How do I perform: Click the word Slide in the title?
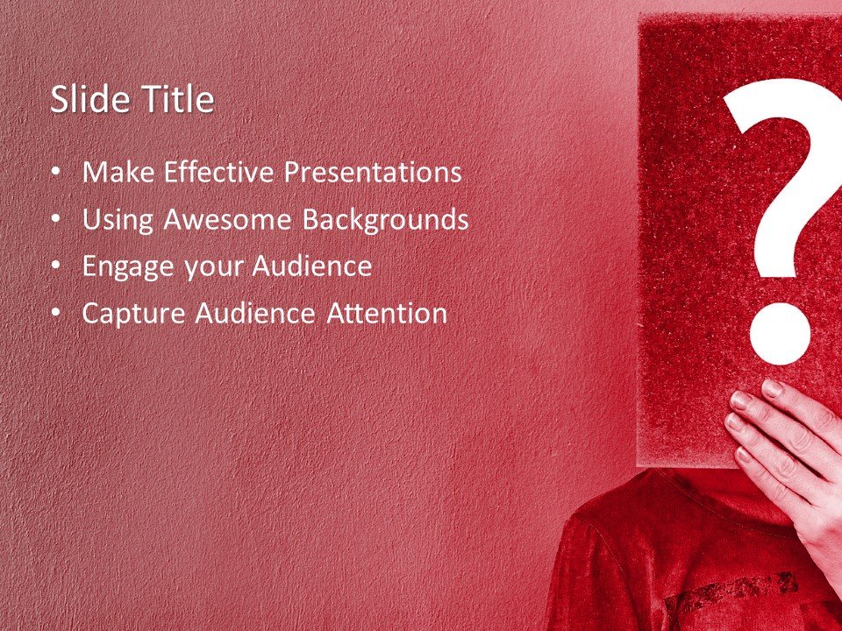(x=80, y=99)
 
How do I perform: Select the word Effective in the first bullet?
(x=218, y=172)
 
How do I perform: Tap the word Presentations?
(x=373, y=173)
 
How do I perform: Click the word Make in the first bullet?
(x=118, y=172)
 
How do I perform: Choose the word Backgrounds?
(x=385, y=220)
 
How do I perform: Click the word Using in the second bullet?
(x=118, y=220)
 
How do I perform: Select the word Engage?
(x=128, y=267)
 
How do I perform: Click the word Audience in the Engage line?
(x=312, y=266)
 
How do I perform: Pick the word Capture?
(x=133, y=314)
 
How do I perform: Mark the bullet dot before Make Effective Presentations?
(x=57, y=173)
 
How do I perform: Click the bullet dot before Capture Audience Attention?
(x=57, y=313)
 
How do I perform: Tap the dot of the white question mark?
(x=780, y=334)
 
